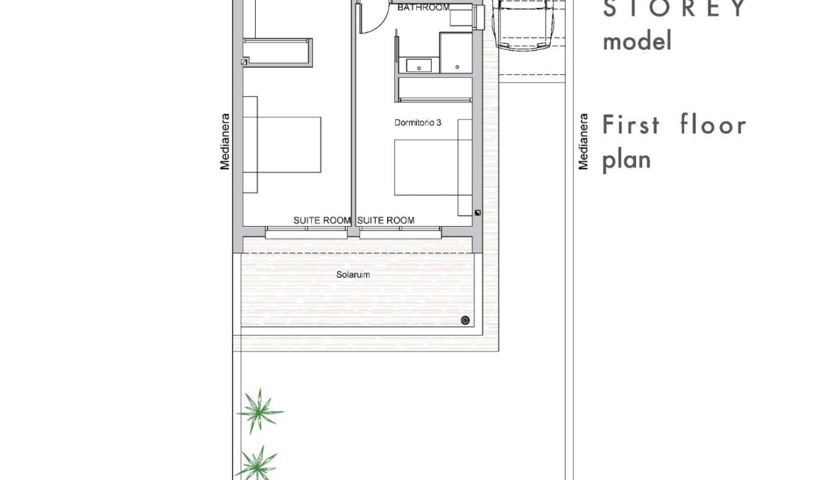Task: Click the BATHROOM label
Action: click(424, 7)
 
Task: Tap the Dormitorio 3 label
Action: click(418, 123)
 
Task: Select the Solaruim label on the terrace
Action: click(353, 275)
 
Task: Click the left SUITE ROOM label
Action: click(322, 220)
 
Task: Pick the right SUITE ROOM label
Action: click(386, 220)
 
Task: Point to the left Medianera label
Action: click(224, 142)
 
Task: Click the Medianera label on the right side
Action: click(583, 142)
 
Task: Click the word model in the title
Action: click(637, 41)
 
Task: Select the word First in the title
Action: click(631, 125)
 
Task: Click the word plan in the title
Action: click(627, 161)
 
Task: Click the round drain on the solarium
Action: click(466, 320)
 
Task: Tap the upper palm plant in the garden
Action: click(260, 411)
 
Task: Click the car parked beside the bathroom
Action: click(524, 23)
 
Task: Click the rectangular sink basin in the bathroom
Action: click(419, 66)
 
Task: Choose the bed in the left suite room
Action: click(282, 145)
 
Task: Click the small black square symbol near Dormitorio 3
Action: click(478, 213)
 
